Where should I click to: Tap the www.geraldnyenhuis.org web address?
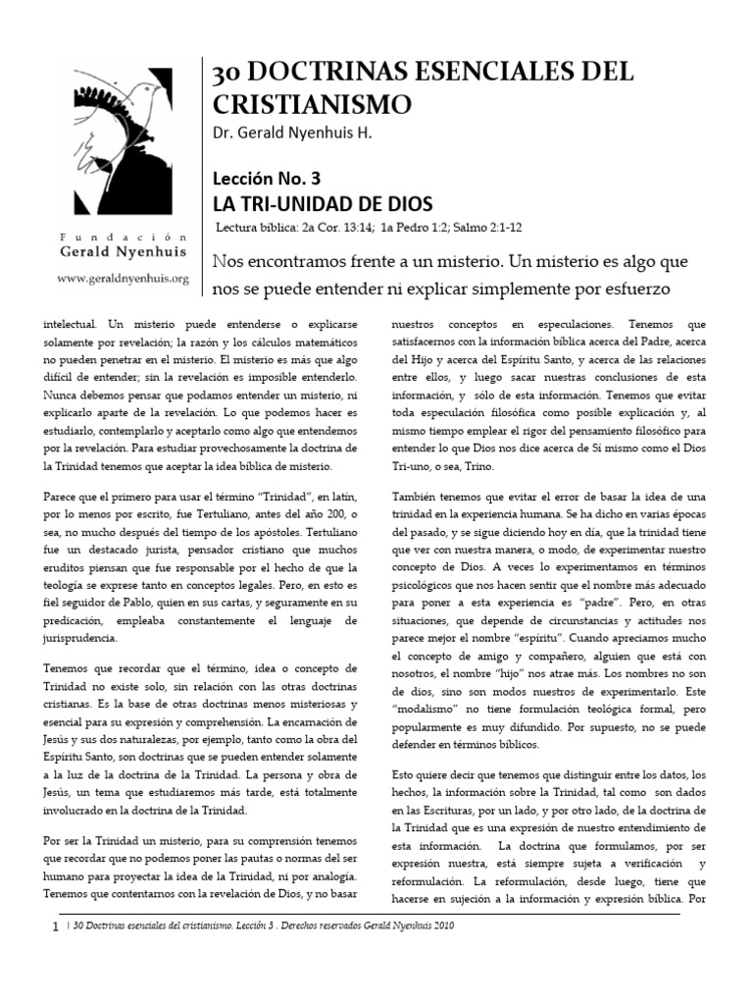(123, 278)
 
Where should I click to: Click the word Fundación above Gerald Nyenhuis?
(123, 238)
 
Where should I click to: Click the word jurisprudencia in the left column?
(81, 637)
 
